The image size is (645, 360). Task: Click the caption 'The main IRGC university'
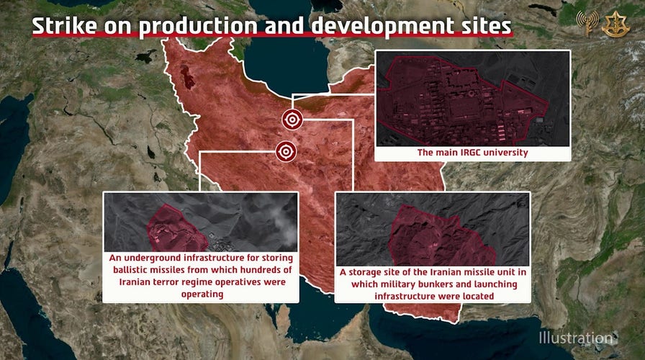[x=473, y=153]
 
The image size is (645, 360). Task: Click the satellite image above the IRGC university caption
[x=473, y=98]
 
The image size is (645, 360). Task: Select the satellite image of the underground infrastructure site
[x=200, y=222]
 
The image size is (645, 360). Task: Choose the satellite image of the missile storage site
[x=432, y=228]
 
